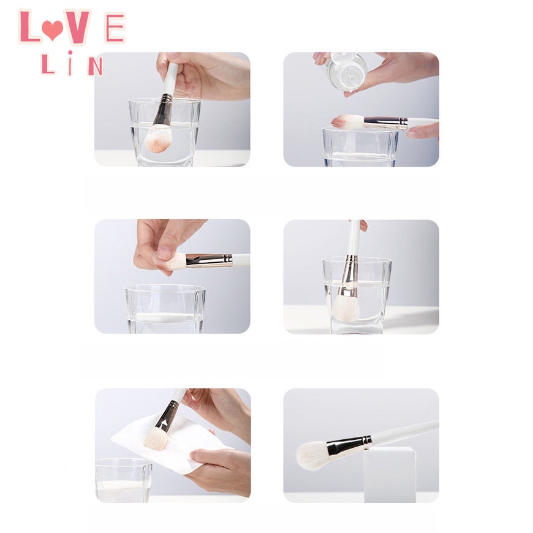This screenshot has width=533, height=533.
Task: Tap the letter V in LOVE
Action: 78,27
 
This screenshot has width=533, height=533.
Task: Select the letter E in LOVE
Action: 115,28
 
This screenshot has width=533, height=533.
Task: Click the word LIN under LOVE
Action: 71,64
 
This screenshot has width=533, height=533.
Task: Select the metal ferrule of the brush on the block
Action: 349,445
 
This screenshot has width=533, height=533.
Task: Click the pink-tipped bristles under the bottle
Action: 347,121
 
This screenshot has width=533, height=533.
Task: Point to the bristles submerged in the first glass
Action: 158,139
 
